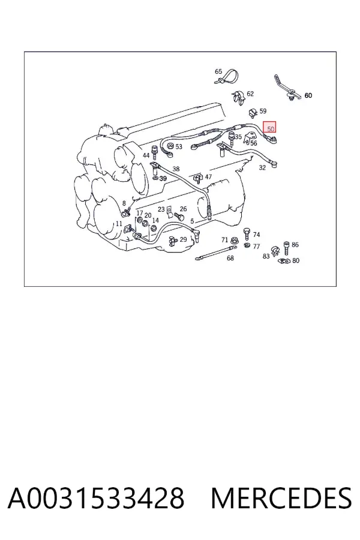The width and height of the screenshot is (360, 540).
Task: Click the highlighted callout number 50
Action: [x=271, y=129]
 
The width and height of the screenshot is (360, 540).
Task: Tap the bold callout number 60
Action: [x=308, y=95]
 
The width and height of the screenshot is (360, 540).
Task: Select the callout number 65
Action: [x=218, y=71]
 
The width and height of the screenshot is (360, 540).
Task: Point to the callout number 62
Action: [x=250, y=94]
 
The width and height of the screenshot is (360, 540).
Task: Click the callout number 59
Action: [x=263, y=111]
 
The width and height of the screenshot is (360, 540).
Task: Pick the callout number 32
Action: [x=262, y=168]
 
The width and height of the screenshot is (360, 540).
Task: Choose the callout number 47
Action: [x=208, y=176]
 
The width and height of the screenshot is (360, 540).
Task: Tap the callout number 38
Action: [x=176, y=169]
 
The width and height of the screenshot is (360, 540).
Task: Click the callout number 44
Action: [x=146, y=155]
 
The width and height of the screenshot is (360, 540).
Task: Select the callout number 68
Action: [x=230, y=257]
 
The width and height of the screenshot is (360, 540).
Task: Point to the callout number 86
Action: [x=295, y=245]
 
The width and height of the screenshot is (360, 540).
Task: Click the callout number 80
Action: [x=296, y=260]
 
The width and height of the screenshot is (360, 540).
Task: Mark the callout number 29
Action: [x=183, y=239]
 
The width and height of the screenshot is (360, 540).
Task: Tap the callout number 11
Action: [x=119, y=224]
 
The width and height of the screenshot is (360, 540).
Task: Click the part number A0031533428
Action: [x=96, y=498]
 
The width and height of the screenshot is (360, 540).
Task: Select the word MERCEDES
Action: [x=281, y=498]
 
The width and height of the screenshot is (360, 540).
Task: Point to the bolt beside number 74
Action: [x=247, y=233]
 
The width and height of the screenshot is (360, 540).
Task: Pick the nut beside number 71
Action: [x=234, y=240]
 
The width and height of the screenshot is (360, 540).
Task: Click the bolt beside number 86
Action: [x=286, y=247]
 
